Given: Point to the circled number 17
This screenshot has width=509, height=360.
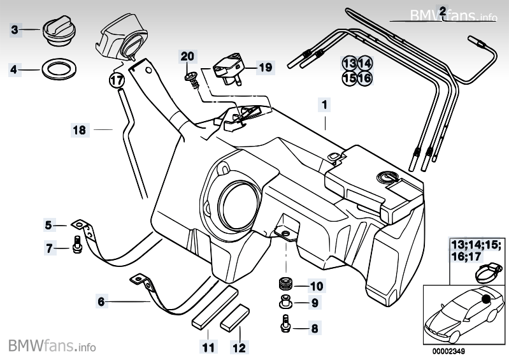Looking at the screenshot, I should coord(116,80).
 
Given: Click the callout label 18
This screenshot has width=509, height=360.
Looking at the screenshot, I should coord(78,131).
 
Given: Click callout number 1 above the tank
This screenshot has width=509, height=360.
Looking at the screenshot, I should coord(325,103).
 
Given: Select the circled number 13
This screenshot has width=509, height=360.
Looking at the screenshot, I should coord(349,64).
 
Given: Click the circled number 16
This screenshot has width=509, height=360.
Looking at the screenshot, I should coord(364,78).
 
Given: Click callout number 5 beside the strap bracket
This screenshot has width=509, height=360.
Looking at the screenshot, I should coord(48,224).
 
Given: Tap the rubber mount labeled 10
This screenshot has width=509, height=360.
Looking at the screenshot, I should coord(284,283).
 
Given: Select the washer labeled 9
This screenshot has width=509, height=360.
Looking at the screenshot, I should coord(283,303).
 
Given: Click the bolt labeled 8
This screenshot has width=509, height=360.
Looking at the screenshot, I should coord(285,324).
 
